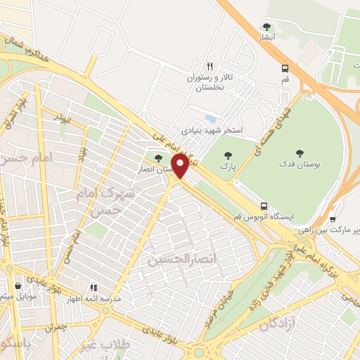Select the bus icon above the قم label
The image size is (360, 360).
285,68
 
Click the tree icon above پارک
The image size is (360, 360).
226,157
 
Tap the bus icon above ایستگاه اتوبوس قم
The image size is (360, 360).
264,206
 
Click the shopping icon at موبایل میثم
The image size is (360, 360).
18,285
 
